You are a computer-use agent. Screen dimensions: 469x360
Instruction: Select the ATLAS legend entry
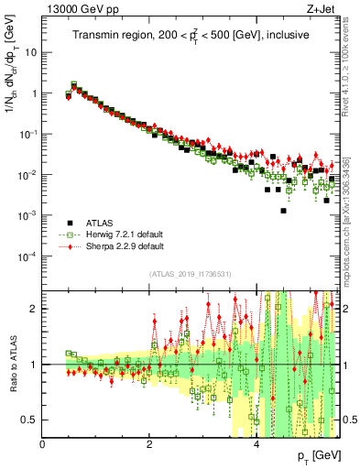click(x=100, y=223)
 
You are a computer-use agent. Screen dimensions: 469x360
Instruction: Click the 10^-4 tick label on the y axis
click(x=27, y=256)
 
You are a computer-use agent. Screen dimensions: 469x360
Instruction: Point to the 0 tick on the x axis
click(x=42, y=444)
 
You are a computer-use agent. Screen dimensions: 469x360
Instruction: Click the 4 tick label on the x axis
click(x=256, y=444)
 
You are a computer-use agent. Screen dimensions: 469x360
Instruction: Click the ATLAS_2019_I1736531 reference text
click(x=191, y=274)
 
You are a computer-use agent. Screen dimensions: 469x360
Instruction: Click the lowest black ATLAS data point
click(x=284, y=211)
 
